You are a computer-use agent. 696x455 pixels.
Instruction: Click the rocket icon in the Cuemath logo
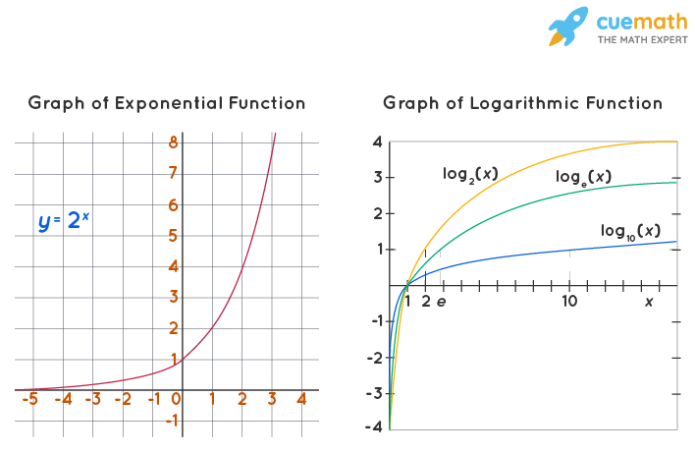click(x=567, y=26)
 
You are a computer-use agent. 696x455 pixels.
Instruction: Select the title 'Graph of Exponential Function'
click(x=167, y=103)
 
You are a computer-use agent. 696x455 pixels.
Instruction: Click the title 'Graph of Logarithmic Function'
click(x=522, y=103)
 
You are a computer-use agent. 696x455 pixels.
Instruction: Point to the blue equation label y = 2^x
click(x=64, y=221)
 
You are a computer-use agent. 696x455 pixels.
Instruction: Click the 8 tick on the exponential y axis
click(x=172, y=142)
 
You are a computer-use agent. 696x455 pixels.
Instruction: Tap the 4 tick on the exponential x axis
click(x=301, y=399)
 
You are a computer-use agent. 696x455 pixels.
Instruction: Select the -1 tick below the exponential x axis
click(x=172, y=421)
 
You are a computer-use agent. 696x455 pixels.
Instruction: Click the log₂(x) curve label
click(x=470, y=174)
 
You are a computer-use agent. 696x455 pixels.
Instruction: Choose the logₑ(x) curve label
click(x=583, y=177)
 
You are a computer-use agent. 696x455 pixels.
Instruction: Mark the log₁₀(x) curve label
click(x=629, y=232)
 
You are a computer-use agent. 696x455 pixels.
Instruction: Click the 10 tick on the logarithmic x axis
click(x=569, y=301)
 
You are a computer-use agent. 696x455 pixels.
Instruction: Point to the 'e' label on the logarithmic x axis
click(x=441, y=301)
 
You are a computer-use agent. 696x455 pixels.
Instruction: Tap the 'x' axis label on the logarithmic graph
click(x=648, y=301)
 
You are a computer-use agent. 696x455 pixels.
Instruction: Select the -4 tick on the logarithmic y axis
click(x=375, y=427)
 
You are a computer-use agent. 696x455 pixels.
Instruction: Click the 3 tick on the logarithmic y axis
click(x=376, y=178)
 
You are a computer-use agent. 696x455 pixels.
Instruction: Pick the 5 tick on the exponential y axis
click(x=172, y=235)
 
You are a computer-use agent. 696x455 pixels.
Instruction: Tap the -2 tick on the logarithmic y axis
click(x=375, y=357)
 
